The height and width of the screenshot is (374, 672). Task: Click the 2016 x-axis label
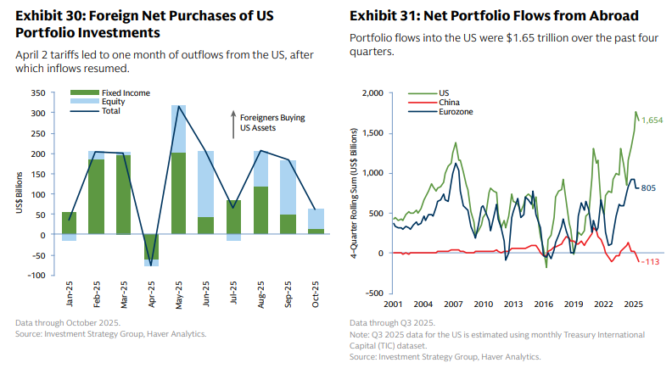(x=543, y=304)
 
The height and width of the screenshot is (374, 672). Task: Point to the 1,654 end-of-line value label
(x=652, y=121)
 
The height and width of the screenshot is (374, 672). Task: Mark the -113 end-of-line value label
(x=651, y=261)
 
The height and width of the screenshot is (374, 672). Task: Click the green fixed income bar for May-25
(x=179, y=193)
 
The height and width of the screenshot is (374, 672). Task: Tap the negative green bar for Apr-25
(x=151, y=247)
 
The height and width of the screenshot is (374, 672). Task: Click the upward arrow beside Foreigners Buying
(x=234, y=123)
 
